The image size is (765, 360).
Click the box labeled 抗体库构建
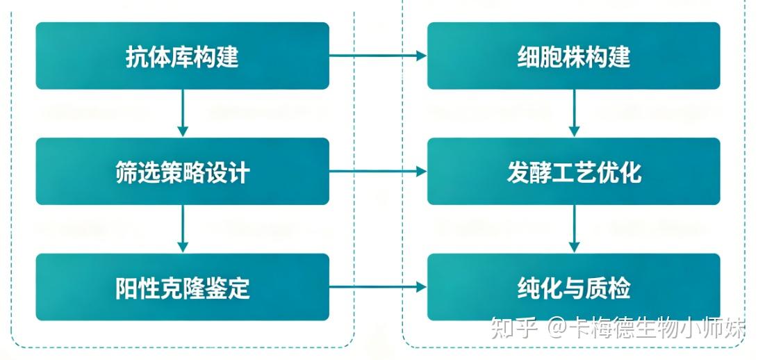click(182, 56)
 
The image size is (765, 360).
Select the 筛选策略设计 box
click(182, 171)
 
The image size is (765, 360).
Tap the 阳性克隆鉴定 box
click(182, 286)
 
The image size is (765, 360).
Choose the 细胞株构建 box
click(573, 56)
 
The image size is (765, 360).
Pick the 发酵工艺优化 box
click(573, 171)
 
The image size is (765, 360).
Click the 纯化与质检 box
click(573, 286)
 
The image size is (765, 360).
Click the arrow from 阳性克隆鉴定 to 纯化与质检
click(378, 286)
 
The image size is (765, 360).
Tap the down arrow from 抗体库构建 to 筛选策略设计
click(183, 113)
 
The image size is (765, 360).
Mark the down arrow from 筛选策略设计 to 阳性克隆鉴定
click(183, 229)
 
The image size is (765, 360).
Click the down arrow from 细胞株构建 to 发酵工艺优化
click(574, 113)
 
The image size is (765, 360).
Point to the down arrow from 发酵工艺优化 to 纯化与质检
click(574, 229)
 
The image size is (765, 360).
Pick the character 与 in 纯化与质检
click(573, 287)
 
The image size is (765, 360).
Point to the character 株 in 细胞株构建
click(573, 56)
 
